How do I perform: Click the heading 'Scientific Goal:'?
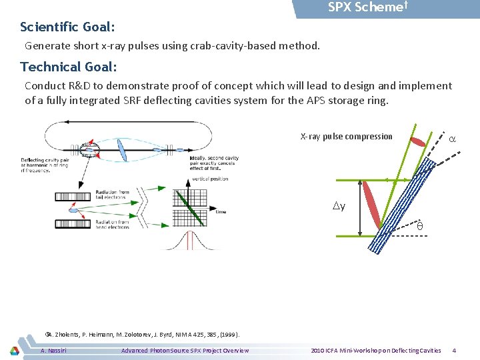click(67, 27)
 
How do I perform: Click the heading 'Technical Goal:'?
click(69, 67)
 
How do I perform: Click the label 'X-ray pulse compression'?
click(347, 137)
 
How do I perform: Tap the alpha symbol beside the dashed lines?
click(452, 139)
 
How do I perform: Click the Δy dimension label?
click(339, 206)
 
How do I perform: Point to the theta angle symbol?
click(420, 227)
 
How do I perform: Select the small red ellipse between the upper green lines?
click(417, 141)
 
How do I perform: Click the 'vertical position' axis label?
click(210, 179)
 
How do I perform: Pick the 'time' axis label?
click(221, 212)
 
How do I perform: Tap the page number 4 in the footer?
click(454, 351)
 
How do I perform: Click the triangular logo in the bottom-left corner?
click(14, 350)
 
